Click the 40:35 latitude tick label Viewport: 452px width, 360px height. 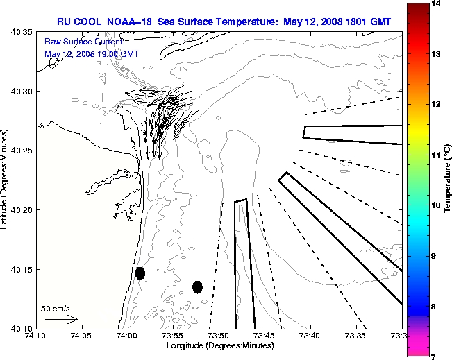point(23,32)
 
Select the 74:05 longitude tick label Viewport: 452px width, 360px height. point(81,336)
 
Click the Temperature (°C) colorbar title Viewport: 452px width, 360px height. point(448,180)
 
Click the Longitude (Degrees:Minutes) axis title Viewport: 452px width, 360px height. point(219,345)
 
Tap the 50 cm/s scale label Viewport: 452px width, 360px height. point(56,308)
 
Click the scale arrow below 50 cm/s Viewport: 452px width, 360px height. point(61,319)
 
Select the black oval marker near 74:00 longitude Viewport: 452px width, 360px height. point(140,273)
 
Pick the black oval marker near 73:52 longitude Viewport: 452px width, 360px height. point(197,286)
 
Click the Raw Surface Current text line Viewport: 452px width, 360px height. point(74,42)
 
